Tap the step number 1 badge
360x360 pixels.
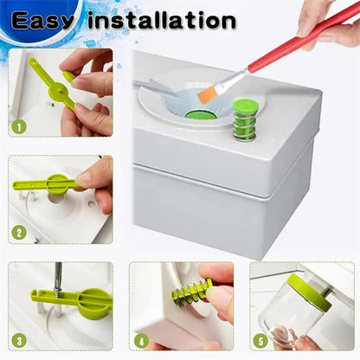(18, 127)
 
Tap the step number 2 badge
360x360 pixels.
(18, 233)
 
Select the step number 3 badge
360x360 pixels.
(18, 340)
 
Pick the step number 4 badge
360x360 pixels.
(139, 340)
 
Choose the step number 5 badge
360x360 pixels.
(260, 340)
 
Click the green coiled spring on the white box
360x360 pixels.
(245, 119)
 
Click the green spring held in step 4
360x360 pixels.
(192, 292)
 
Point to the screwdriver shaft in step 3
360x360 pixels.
(58, 280)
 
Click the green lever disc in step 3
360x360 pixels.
(91, 301)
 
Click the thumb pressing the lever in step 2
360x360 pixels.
(96, 173)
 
